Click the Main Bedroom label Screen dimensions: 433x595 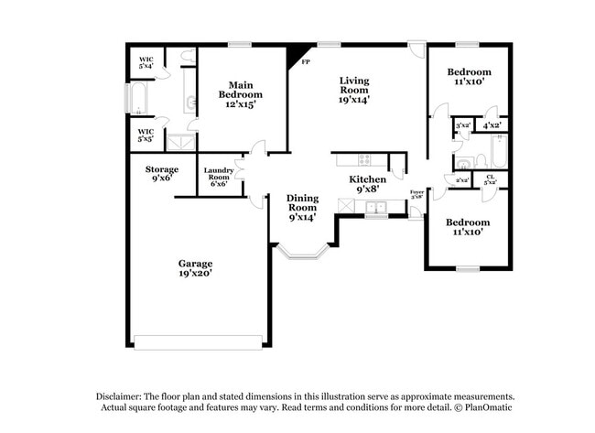[240, 94]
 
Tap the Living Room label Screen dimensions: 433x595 [353, 90]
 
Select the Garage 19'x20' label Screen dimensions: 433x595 [196, 267]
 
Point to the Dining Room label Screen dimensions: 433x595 [302, 207]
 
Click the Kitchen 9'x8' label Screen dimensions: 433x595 [368, 184]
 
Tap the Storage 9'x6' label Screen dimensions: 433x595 [161, 174]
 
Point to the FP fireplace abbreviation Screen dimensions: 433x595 [306, 62]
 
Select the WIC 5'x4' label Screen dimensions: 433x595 [146, 62]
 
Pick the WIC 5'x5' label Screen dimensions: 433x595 [146, 136]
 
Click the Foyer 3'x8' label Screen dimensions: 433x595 [416, 193]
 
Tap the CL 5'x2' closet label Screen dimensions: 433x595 [491, 179]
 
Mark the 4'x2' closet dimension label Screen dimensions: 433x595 [492, 124]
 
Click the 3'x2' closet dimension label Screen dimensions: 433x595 [462, 124]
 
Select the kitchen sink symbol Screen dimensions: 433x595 [373, 210]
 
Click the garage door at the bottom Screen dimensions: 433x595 [198, 343]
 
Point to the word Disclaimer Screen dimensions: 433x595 [123, 395]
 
